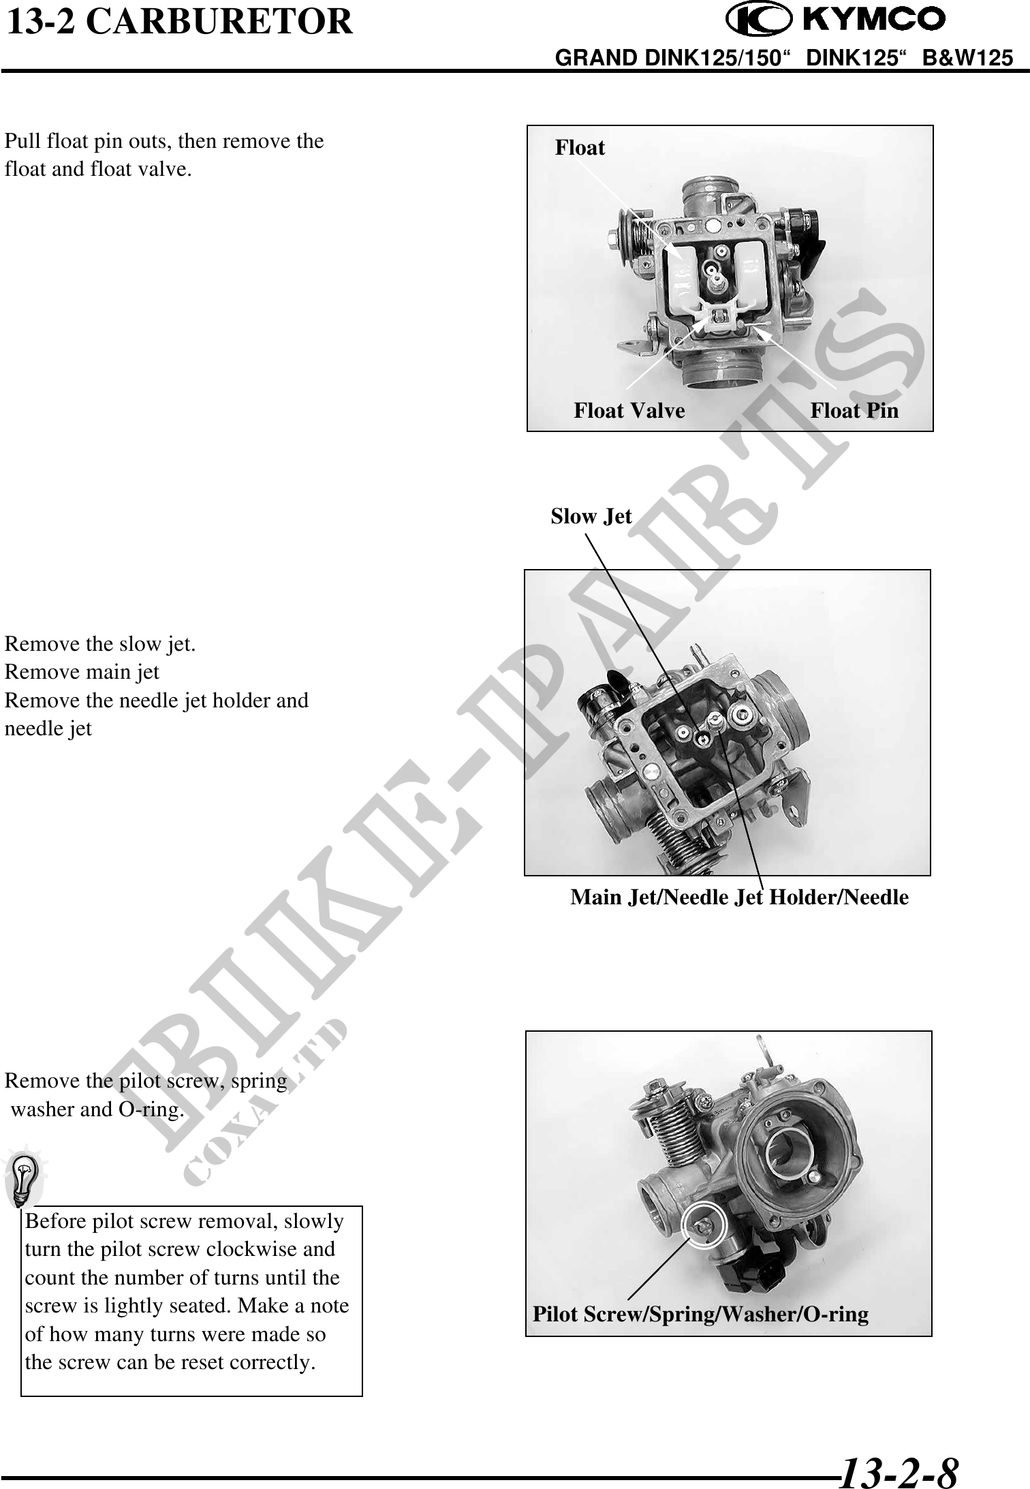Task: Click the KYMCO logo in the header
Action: pos(836,20)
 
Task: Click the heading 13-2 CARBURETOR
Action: pos(180,22)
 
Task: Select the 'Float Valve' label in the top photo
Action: pos(629,410)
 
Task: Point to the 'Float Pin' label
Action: pos(854,410)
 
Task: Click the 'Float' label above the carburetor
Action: pos(580,147)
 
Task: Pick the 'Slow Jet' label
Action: pos(591,516)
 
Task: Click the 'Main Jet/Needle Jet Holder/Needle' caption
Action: pos(739,897)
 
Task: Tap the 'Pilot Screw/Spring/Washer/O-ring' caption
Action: pos(700,1314)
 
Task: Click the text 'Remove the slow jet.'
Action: pos(100,644)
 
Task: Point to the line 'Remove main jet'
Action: pos(82,672)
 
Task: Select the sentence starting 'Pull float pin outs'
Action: pos(164,155)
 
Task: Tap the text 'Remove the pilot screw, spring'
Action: pos(146,1081)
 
